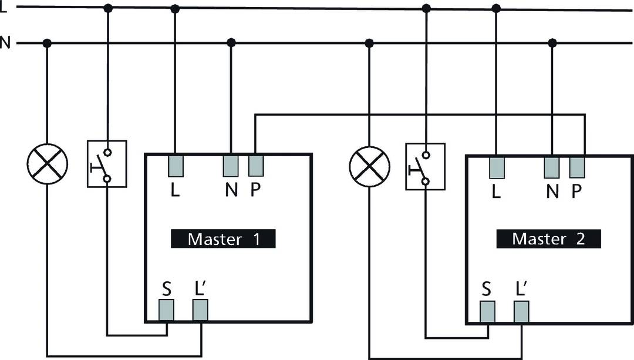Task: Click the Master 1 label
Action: point(223,239)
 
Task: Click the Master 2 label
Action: point(548,238)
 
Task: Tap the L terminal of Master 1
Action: point(176,166)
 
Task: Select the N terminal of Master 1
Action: point(231,166)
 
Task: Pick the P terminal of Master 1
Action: point(255,166)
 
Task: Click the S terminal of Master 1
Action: point(167,310)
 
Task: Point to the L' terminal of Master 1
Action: point(201,310)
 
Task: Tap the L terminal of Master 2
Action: point(497,168)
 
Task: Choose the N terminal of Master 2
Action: point(552,168)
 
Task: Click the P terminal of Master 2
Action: point(577,168)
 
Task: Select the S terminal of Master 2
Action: point(488,311)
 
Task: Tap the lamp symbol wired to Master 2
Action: point(369,166)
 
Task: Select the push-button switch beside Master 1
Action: point(107,163)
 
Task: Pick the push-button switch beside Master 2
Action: point(426,166)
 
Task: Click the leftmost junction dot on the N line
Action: point(48,43)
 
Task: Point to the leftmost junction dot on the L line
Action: point(107,8)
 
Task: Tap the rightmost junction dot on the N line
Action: point(552,43)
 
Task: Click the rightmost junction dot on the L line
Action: point(496,8)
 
